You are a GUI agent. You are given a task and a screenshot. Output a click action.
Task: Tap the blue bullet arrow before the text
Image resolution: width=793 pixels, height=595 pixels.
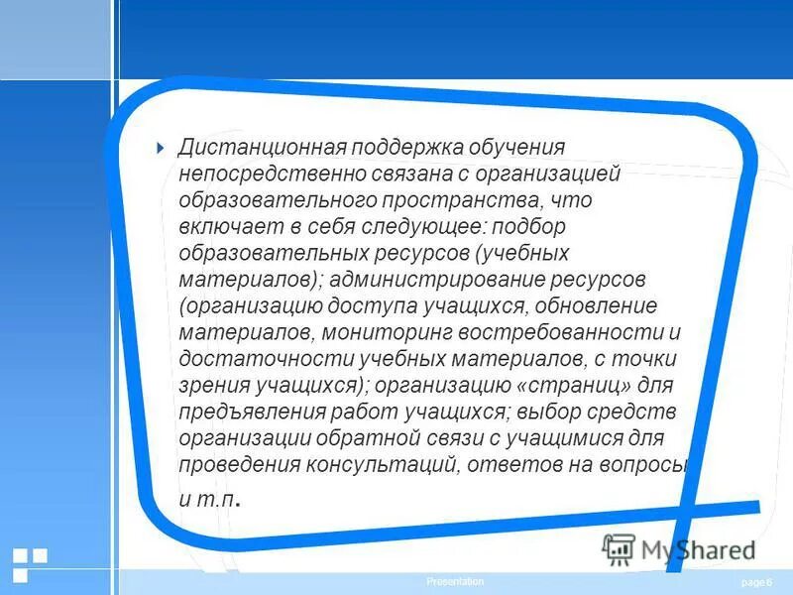[x=161, y=148]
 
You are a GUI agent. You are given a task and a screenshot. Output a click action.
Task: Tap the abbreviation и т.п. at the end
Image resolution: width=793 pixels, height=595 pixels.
[x=209, y=499]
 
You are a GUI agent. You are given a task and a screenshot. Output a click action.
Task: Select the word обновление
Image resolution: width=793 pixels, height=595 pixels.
[x=594, y=304]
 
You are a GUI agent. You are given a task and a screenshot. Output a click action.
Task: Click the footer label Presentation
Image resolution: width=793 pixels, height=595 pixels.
[x=455, y=582]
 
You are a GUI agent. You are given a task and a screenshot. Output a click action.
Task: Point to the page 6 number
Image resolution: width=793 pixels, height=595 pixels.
[x=755, y=582]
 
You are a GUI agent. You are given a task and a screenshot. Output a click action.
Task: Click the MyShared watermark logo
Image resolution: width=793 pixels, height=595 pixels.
[x=678, y=548]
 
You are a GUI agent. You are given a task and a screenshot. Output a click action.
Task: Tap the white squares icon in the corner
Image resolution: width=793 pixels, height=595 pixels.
[x=30, y=562]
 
